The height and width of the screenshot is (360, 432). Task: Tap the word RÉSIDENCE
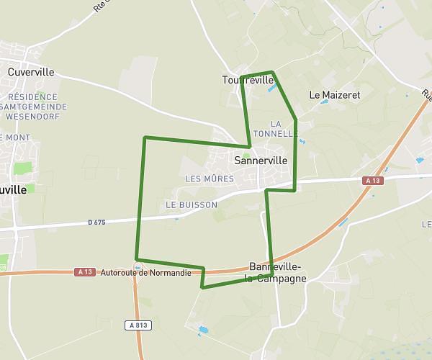pyautogui.click(x=33, y=96)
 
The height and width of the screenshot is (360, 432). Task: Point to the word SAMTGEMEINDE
pyautogui.click(x=35, y=107)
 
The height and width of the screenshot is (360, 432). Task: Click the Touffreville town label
pyautogui.click(x=248, y=80)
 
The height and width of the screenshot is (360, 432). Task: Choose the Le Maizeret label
pyautogui.click(x=334, y=94)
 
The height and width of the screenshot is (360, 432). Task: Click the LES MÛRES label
pyautogui.click(x=210, y=179)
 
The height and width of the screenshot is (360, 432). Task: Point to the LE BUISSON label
pyautogui.click(x=192, y=205)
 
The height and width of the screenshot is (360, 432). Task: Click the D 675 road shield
pyautogui.click(x=96, y=222)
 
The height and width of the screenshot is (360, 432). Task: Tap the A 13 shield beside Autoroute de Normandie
pyautogui.click(x=84, y=271)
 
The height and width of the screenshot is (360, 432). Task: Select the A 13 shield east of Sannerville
pyautogui.click(x=372, y=181)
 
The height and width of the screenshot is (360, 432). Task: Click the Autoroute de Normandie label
pyautogui.click(x=146, y=273)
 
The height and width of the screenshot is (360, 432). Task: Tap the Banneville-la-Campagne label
pyautogui.click(x=277, y=271)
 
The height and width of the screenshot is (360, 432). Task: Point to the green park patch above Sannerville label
pyautogui.click(x=246, y=153)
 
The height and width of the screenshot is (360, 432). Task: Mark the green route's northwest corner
pyautogui.click(x=145, y=138)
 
